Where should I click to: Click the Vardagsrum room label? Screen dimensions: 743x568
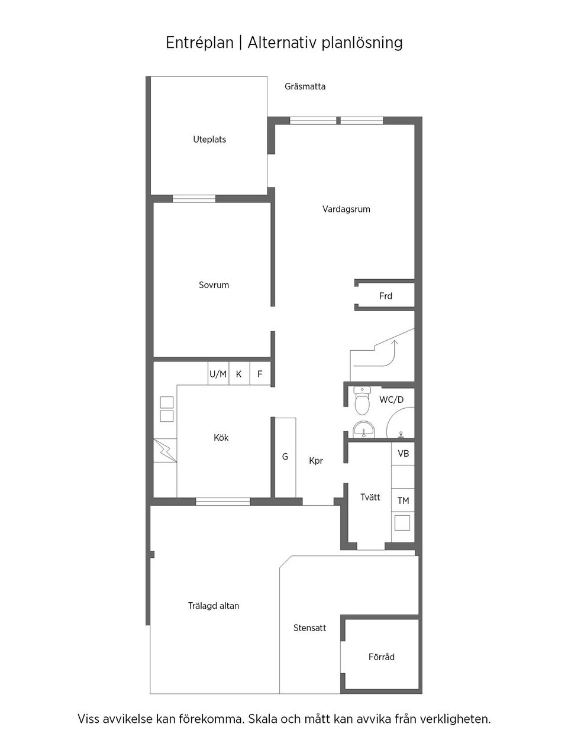[346, 209]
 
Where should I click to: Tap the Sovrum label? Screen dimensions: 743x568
[214, 285]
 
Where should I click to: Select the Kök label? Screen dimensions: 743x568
[221, 438]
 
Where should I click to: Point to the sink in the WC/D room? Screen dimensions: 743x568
[363, 429]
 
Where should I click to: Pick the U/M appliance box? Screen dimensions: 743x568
[218, 374]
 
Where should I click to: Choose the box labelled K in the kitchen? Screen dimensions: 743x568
[239, 374]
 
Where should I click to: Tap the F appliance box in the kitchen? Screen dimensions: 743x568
[260, 374]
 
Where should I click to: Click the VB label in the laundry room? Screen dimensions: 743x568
[404, 453]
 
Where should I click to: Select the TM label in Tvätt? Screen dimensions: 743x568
[404, 500]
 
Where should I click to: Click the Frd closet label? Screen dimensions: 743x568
[386, 296]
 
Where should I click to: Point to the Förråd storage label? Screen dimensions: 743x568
[382, 657]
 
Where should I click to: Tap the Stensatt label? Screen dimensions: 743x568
[309, 628]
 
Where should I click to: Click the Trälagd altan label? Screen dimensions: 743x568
[214, 606]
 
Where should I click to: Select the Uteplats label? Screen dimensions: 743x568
[209, 140]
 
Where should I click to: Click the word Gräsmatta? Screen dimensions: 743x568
[305, 86]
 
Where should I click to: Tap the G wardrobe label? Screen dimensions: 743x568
[285, 457]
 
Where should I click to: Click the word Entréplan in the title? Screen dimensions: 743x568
[199, 43]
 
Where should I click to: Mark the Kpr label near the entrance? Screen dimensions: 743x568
[316, 460]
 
